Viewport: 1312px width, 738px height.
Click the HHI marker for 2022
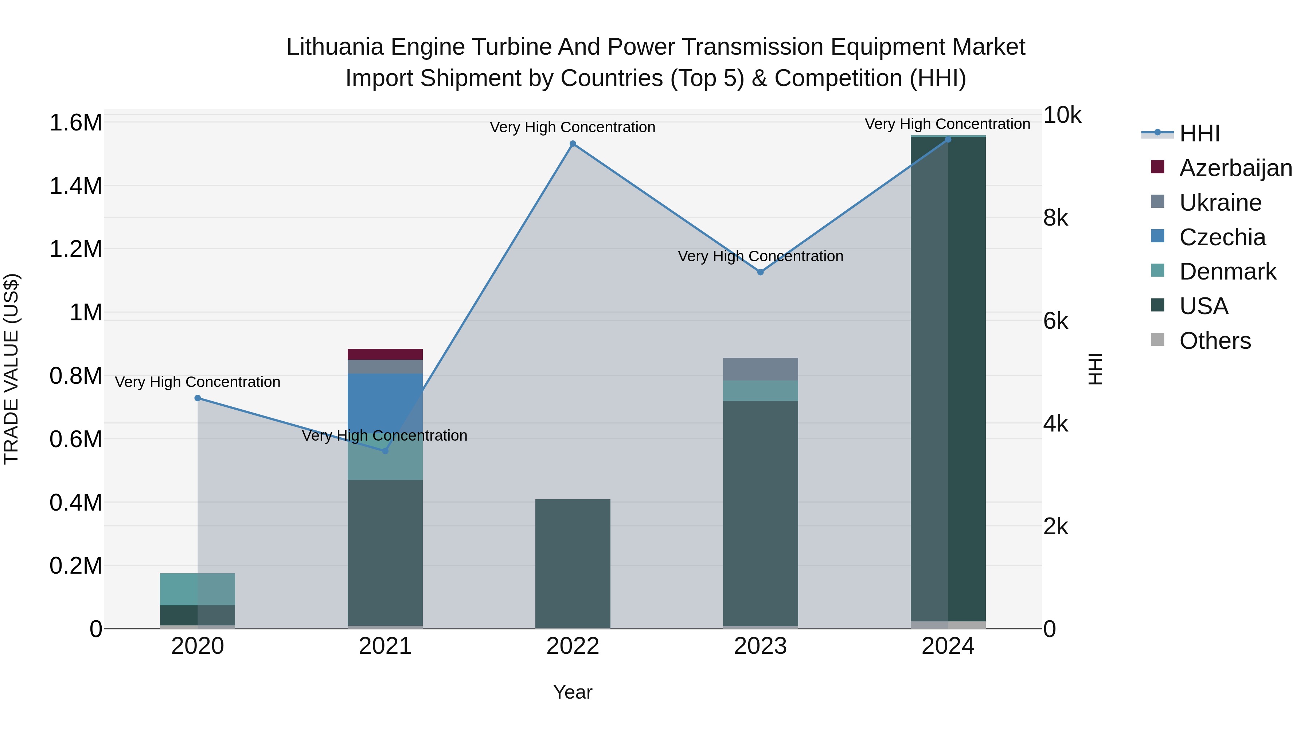[x=573, y=144]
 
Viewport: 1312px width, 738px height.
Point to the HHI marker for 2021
[x=385, y=451]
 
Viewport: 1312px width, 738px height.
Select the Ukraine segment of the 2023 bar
[x=760, y=369]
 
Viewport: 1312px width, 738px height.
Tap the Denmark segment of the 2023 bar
[x=760, y=391]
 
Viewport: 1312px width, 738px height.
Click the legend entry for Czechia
[x=1222, y=237]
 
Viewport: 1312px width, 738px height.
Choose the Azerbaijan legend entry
[x=1235, y=168]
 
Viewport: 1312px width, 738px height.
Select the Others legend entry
[x=1215, y=341]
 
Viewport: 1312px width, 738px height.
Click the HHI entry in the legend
[x=1199, y=133]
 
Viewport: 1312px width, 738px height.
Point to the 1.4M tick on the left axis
[x=75, y=186]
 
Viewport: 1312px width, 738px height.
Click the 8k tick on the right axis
[x=1055, y=218]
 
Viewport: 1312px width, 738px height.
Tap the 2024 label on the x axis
[x=948, y=646]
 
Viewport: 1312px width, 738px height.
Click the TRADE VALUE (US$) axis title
[x=12, y=369]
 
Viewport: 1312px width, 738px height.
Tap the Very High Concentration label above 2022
[x=573, y=127]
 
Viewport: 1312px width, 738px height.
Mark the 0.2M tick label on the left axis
[x=75, y=566]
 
